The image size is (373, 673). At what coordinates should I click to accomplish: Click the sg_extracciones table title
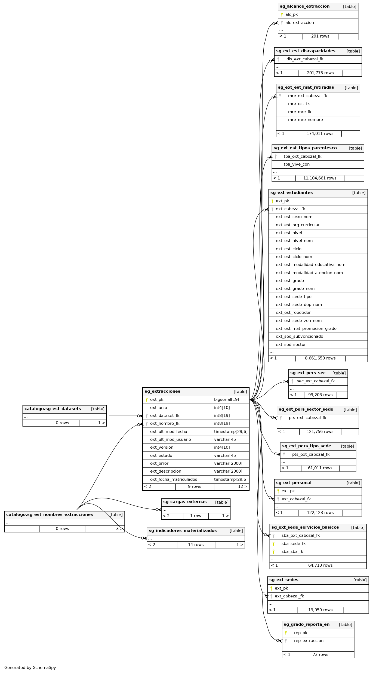coord(162,391)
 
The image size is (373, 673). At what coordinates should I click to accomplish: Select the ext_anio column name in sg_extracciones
coord(159,408)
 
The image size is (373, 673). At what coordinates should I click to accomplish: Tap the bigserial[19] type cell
coord(227,399)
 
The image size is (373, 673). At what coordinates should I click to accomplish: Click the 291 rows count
coord(320,36)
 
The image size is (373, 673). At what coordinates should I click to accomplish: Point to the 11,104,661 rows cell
coord(320,178)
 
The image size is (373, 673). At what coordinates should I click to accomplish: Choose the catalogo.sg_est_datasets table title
coord(53,409)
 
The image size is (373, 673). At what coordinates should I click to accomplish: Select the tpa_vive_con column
coord(297,164)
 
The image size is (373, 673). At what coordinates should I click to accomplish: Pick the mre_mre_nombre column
coord(306,120)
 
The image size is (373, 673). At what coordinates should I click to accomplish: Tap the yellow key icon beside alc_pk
coord(282,15)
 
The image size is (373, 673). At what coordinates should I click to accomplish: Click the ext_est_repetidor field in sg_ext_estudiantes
coord(293,312)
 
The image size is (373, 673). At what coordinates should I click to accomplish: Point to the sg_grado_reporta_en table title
coord(307,624)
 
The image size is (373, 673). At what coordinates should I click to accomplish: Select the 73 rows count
coord(320,655)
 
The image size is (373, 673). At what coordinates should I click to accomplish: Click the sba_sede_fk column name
coord(294,544)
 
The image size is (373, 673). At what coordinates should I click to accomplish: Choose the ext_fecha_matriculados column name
coord(174,479)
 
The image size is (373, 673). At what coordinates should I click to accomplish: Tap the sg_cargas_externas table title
coord(185,502)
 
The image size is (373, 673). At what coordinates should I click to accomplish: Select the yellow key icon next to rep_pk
coord(286,633)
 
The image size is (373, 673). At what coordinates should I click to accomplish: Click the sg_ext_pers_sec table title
coord(308,373)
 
